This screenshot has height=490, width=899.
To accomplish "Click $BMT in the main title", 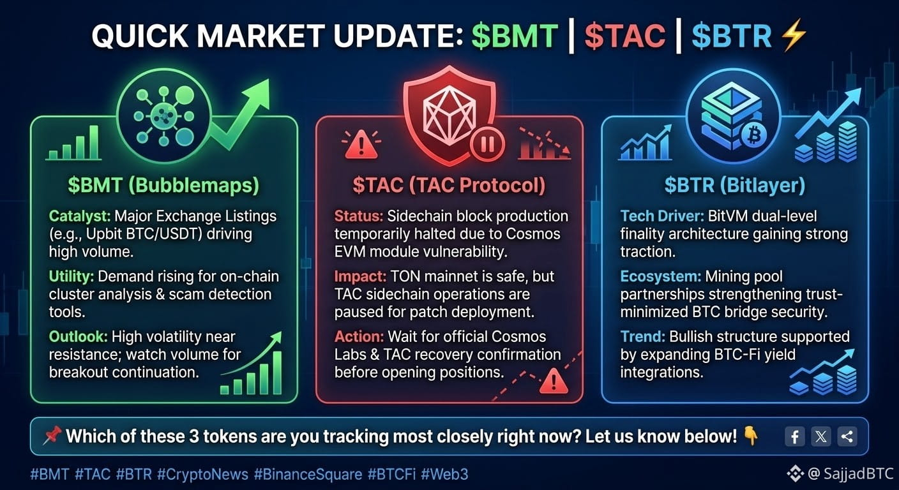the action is [x=514, y=36].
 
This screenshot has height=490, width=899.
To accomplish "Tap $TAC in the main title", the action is [x=625, y=36].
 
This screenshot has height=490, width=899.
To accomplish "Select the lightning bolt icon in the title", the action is [x=794, y=35].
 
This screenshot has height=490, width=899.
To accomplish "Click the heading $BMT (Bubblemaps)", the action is [x=163, y=185].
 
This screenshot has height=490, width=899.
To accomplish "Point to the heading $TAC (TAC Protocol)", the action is [x=449, y=185].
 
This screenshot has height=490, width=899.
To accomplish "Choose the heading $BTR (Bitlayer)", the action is [x=735, y=185].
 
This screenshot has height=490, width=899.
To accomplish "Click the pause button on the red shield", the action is [x=487, y=144].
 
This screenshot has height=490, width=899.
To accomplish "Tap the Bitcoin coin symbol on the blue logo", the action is [x=753, y=135].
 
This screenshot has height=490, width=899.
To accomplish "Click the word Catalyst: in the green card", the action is [x=79, y=216].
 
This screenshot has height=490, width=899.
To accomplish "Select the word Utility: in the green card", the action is [x=71, y=277].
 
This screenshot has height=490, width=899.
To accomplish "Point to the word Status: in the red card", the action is [x=359, y=216].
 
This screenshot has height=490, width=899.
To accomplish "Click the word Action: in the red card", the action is [x=359, y=337].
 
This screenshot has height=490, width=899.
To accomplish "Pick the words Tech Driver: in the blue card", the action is [x=662, y=216].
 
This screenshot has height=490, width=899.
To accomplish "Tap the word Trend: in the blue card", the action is [x=643, y=337].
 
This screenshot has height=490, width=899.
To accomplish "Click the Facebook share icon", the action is [x=795, y=436].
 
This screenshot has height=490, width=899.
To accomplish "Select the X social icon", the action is [x=820, y=436].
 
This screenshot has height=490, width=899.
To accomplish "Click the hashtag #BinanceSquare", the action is [x=308, y=475].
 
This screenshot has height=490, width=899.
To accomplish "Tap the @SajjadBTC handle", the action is [x=850, y=474].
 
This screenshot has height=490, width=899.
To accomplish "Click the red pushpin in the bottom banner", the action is [x=52, y=436].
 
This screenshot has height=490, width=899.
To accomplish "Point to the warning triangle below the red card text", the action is [x=554, y=380].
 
